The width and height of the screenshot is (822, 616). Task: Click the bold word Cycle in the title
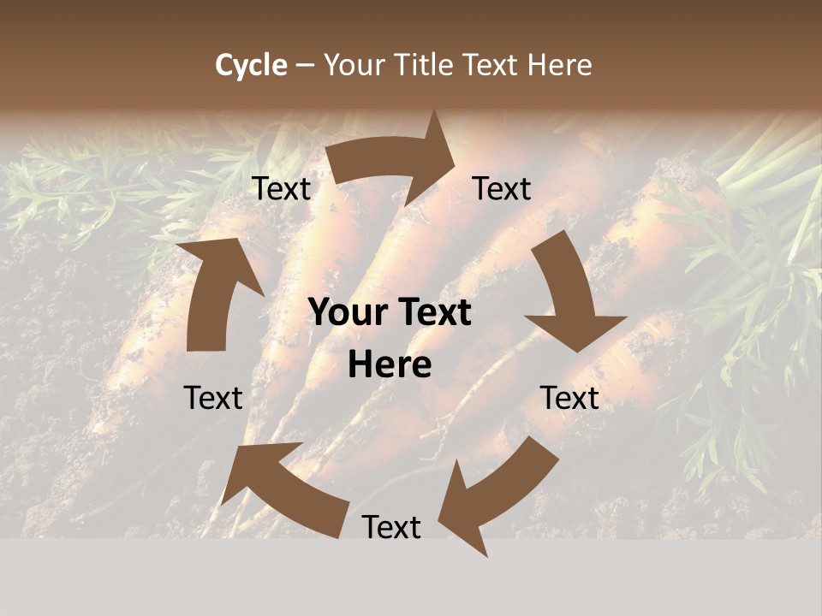tap(251, 65)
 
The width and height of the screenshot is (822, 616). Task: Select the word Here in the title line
tap(559, 65)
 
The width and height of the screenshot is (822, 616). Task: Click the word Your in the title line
tap(352, 65)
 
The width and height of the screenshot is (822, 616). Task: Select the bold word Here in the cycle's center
tap(390, 365)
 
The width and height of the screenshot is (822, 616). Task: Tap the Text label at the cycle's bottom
tap(391, 527)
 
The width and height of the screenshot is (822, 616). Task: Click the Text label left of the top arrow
tap(282, 189)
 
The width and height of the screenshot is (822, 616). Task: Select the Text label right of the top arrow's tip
tap(502, 188)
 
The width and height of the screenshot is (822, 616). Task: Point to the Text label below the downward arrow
tap(569, 398)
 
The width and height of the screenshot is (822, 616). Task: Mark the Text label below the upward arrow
tap(213, 398)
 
